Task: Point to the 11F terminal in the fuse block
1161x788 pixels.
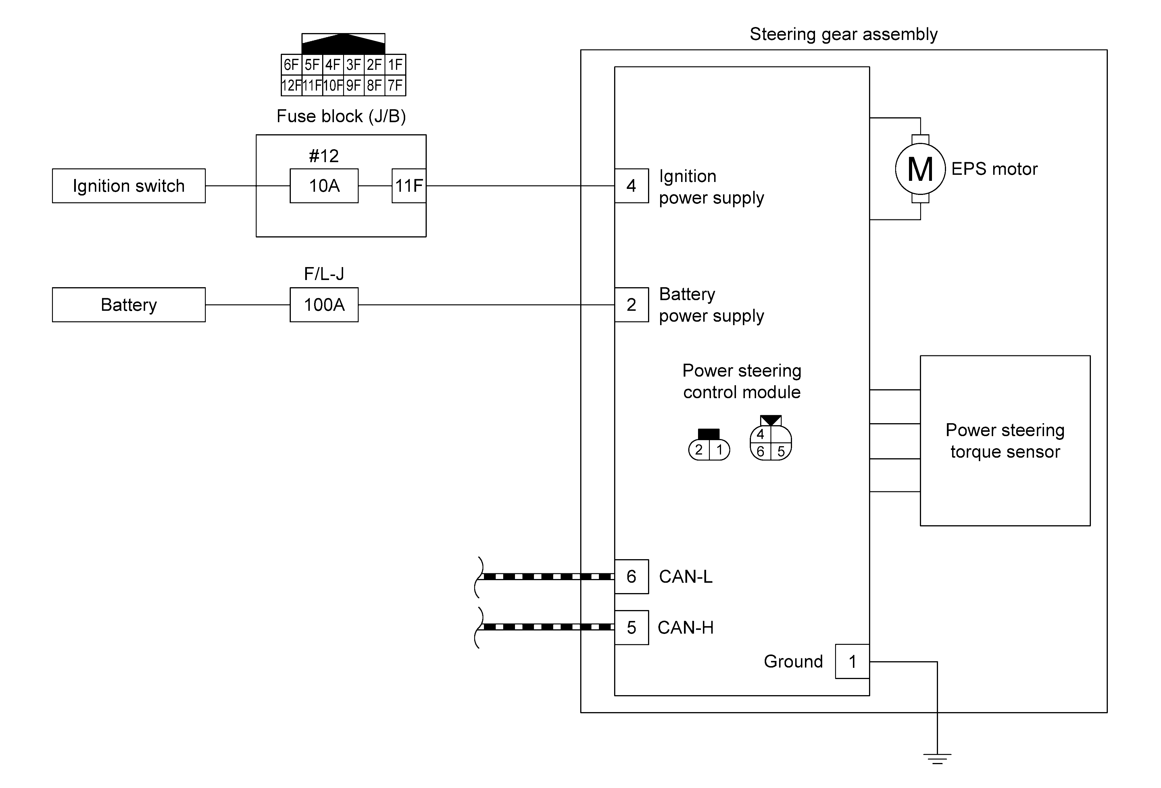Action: click(x=409, y=186)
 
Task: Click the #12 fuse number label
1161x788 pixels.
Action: click(x=324, y=156)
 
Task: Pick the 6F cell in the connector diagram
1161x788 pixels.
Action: click(x=291, y=64)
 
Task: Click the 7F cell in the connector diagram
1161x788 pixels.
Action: click(x=395, y=85)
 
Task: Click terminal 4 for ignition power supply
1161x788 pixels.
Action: click(x=631, y=186)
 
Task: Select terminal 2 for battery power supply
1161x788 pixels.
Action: click(x=631, y=305)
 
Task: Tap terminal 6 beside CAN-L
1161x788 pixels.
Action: click(x=631, y=577)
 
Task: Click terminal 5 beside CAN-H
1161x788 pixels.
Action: click(x=631, y=628)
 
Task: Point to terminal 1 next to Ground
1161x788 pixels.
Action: click(x=852, y=662)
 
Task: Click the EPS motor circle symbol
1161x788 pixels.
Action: click(x=920, y=169)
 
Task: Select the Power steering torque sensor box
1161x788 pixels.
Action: click(x=1005, y=441)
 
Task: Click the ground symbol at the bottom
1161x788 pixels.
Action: click(x=937, y=758)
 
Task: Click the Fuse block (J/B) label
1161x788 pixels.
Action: click(x=341, y=116)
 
